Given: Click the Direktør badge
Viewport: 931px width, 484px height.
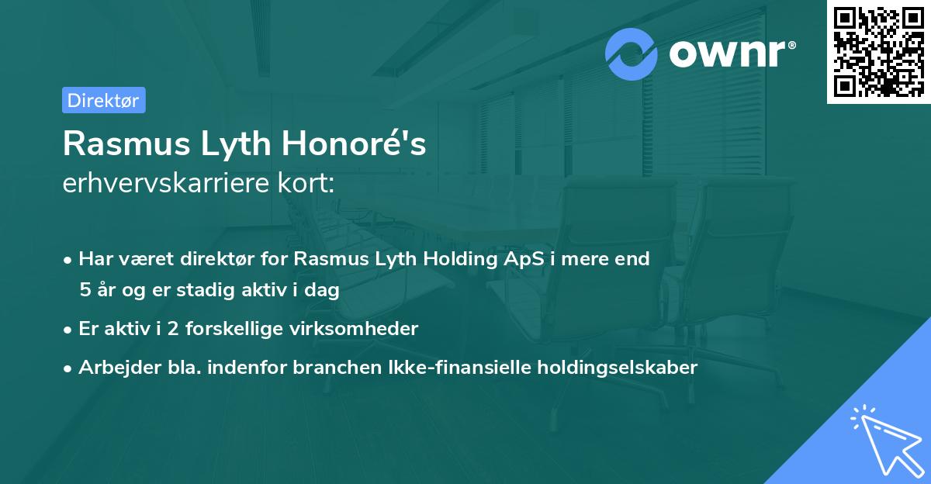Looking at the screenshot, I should pos(103,100).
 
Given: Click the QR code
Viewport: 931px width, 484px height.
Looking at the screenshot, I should pos(878,51).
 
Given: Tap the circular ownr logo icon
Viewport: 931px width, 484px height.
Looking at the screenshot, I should pos(632,54).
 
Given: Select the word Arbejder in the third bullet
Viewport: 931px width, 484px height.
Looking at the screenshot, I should pos(112,368).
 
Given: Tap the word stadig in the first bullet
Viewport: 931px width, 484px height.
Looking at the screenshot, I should pos(203,290).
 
